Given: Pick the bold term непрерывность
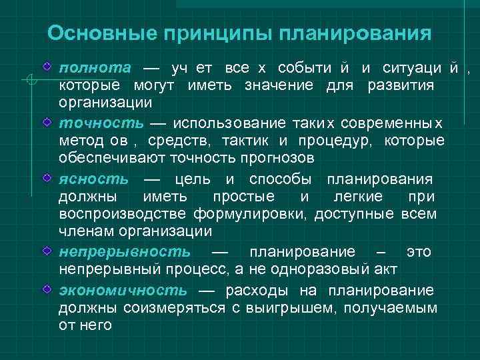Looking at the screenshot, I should (124, 251).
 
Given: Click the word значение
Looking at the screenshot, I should (283, 85).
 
